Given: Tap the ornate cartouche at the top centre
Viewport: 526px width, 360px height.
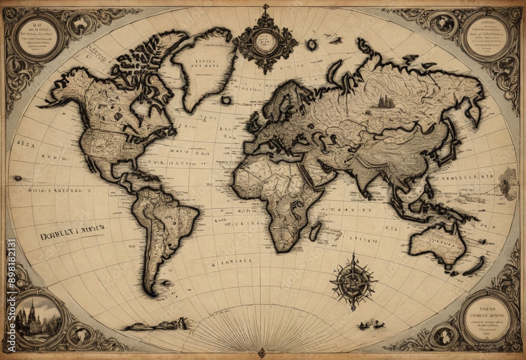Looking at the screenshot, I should [x=266, y=41].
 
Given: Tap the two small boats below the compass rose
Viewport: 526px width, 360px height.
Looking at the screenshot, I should [x=370, y=324].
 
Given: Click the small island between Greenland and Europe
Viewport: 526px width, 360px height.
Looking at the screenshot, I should [x=227, y=99].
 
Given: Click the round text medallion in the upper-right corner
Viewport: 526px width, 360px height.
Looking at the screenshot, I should [x=487, y=36].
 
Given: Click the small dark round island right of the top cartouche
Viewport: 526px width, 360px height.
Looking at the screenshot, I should [x=312, y=45].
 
